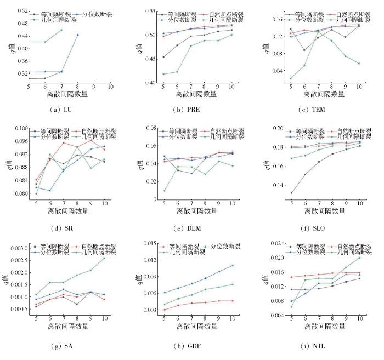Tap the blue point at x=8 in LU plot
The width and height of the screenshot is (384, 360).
click(x=77, y=35)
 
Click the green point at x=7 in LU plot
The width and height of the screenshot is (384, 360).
click(x=61, y=30)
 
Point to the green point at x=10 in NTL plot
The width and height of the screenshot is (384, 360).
click(x=359, y=257)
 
